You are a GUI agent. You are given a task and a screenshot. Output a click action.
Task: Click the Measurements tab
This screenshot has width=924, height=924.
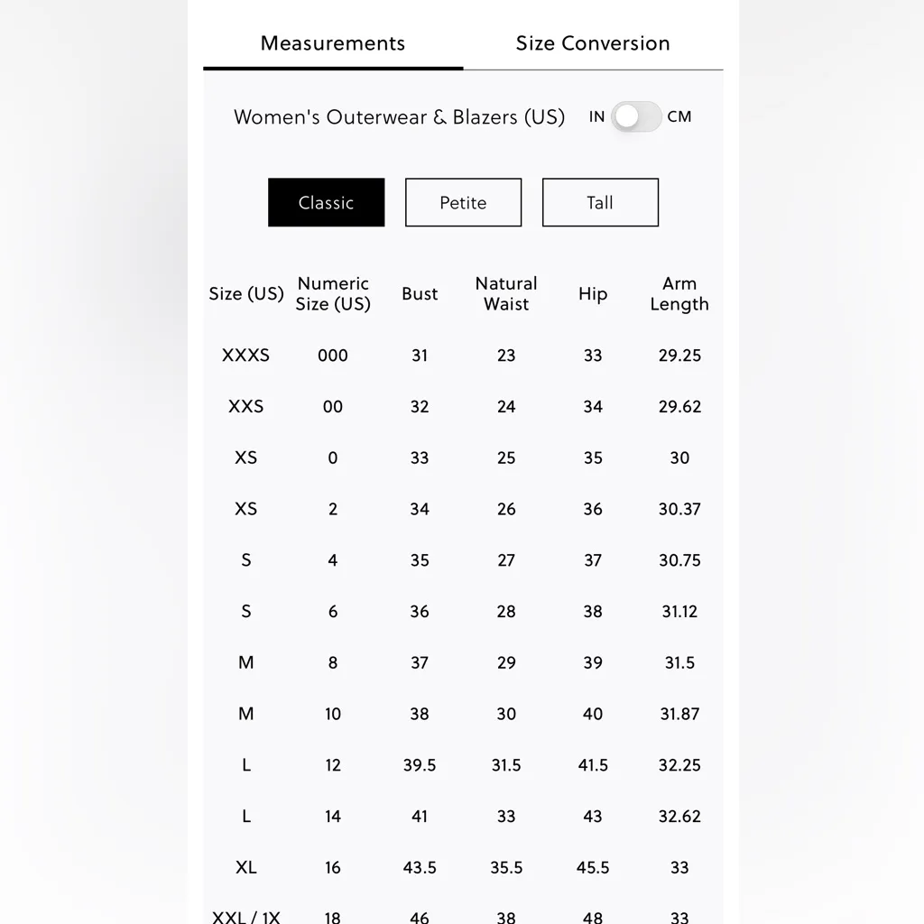click(333, 43)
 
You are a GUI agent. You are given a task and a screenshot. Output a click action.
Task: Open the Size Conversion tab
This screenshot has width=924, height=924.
click(593, 43)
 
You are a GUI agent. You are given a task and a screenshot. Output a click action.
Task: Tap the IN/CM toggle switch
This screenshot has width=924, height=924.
click(636, 116)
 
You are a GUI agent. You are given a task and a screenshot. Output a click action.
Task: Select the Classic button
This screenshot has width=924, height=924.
click(326, 202)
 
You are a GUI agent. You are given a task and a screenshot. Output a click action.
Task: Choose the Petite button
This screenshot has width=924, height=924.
click(463, 202)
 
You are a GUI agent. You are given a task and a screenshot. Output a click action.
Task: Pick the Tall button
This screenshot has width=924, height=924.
click(600, 202)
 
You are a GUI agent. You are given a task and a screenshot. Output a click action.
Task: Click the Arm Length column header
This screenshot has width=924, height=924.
click(679, 294)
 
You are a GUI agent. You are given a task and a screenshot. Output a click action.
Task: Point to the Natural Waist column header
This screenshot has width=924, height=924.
click(506, 294)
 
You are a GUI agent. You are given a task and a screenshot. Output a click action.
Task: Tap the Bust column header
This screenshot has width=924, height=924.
click(420, 294)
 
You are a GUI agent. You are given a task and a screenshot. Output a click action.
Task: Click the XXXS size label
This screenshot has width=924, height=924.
click(245, 356)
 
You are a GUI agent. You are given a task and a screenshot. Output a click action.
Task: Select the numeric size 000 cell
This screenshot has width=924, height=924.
click(333, 356)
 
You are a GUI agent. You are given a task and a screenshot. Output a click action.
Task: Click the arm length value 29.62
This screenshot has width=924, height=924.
click(679, 407)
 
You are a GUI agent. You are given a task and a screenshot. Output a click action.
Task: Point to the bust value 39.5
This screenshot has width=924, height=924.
click(420, 765)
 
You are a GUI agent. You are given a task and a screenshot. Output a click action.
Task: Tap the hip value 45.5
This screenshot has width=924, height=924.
click(593, 868)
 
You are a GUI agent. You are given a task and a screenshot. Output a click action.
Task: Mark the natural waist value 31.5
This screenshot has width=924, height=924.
click(506, 765)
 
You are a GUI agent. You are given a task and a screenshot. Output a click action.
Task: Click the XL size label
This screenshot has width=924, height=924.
click(245, 868)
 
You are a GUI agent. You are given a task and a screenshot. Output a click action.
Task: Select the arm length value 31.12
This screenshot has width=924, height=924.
click(679, 612)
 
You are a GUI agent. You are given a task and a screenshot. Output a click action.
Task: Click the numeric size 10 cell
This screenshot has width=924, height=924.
click(333, 715)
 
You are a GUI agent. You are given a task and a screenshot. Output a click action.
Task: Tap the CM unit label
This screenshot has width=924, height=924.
click(679, 116)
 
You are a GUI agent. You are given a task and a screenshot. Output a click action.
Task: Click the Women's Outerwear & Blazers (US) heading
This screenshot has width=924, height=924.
click(399, 117)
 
